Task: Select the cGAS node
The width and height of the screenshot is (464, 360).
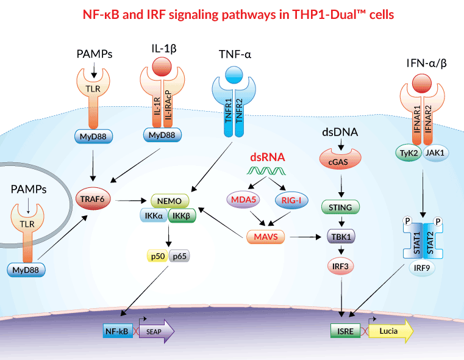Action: click(x=337, y=160)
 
